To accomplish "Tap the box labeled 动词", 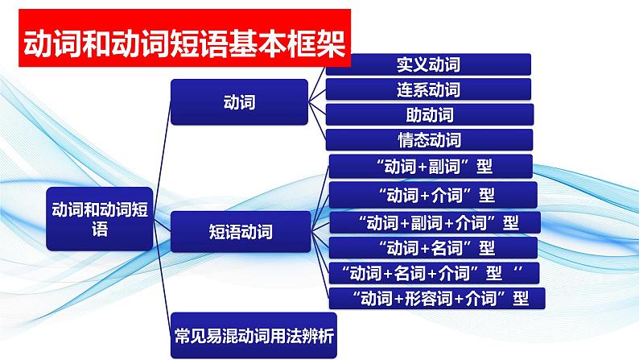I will pos(239,102).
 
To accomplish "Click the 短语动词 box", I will pos(239,233).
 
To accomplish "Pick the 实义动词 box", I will pos(428,64).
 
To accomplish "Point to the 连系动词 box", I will pos(428,89).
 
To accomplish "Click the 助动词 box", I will pos(429,114).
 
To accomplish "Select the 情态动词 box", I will pos(429,139).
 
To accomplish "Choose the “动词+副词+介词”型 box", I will pos(435,221).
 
